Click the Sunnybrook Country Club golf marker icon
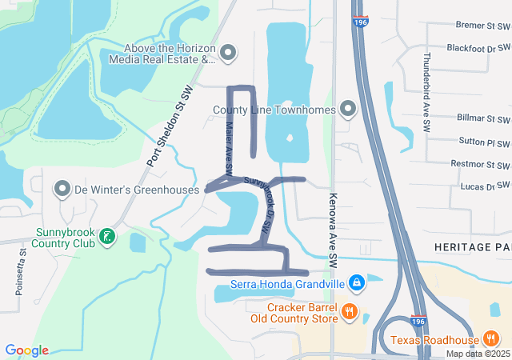coord(109,237)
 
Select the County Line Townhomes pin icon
coord(348,108)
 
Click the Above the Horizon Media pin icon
coord(228,53)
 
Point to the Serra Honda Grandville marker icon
coord(357,282)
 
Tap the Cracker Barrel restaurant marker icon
coord(348,312)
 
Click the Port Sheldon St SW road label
coord(170,127)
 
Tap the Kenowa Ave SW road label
coord(333,230)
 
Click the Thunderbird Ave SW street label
coord(427,92)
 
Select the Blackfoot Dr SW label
coord(479,48)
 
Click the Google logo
coord(26,350)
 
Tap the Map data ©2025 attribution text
coord(478,354)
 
